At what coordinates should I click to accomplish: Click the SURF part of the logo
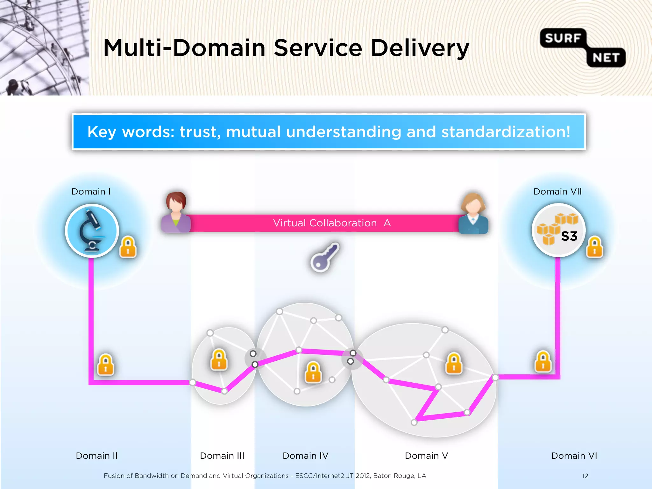[563, 38]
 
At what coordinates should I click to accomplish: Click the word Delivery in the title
[420, 48]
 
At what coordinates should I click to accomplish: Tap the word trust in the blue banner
[198, 132]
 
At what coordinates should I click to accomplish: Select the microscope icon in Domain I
[92, 230]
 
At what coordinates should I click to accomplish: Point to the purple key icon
[325, 257]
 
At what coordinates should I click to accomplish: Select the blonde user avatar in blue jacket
[473, 213]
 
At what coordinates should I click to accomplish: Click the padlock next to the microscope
[128, 247]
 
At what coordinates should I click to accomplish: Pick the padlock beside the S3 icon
[594, 247]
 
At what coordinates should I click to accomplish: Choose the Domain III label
[222, 456]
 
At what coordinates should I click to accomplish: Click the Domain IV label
[305, 456]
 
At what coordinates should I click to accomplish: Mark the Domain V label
[426, 456]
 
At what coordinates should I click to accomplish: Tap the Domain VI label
[574, 456]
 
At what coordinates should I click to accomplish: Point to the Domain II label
[96, 456]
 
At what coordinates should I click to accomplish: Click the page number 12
[585, 476]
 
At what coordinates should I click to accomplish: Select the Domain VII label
[557, 192]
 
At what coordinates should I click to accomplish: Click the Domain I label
[91, 192]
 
